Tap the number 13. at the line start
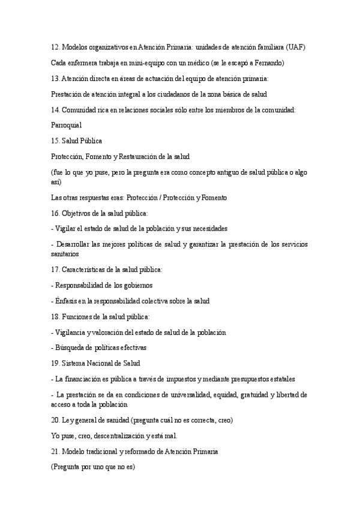(x=55, y=78)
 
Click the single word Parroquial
(x=66, y=125)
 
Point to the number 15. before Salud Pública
(x=55, y=140)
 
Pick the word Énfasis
(x=67, y=301)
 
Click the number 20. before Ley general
(x=55, y=420)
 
